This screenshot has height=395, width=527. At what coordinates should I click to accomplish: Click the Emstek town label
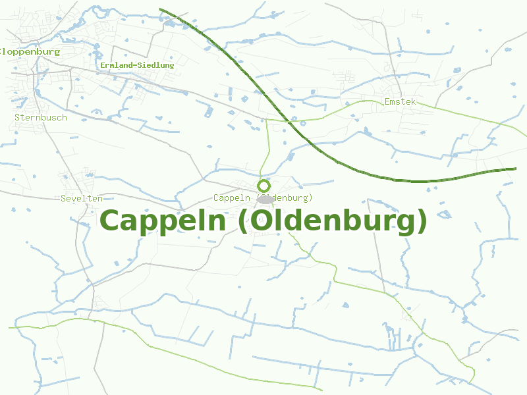pos(400,102)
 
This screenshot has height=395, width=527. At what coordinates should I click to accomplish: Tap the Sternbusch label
pos(41,117)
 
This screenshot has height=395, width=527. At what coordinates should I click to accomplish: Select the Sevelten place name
pos(82,198)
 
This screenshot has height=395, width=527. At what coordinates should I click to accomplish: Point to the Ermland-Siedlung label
pos(137,65)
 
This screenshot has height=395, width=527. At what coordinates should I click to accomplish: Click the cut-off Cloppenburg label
pos(30,51)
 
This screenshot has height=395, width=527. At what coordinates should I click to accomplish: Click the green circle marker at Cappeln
pos(264,186)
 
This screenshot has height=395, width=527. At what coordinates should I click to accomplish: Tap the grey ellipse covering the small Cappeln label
pos(265,199)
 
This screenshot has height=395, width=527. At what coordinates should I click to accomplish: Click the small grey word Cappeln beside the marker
pos(232,197)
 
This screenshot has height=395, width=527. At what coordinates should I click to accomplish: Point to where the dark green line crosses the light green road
pos(290,121)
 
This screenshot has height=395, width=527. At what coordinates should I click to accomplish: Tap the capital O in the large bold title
pos(260,221)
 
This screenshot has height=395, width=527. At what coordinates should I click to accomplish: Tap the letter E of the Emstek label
pos(387,102)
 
